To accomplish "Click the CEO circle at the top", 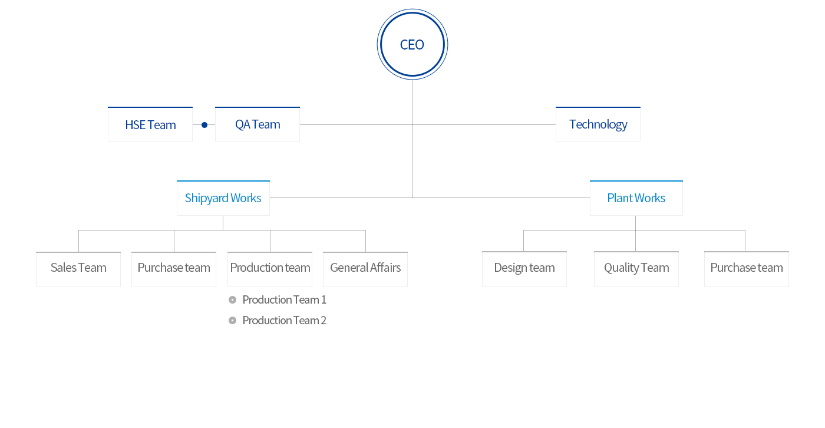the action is click(x=412, y=44).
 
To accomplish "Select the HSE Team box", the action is click(x=150, y=124).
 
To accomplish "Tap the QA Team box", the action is click(x=258, y=124).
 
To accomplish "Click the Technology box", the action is click(x=598, y=124).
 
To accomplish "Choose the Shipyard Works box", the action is click(x=223, y=198).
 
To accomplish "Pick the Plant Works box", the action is click(x=636, y=198).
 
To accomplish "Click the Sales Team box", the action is click(x=78, y=269).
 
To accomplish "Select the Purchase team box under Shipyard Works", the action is click(x=174, y=269).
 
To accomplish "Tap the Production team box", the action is click(x=270, y=269).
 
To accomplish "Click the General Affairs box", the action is click(x=365, y=269).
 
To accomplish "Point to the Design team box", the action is click(x=524, y=269).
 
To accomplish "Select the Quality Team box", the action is click(x=636, y=269).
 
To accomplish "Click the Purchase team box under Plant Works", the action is click(x=747, y=269).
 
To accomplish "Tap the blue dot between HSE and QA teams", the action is click(x=204, y=125).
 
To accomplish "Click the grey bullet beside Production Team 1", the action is click(x=232, y=300).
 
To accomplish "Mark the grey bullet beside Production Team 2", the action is click(x=232, y=321).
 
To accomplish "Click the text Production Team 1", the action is click(x=284, y=300).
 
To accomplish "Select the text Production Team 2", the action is click(x=284, y=321).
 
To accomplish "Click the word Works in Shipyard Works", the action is click(x=246, y=198).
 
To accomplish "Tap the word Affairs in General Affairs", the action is click(x=385, y=268).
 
